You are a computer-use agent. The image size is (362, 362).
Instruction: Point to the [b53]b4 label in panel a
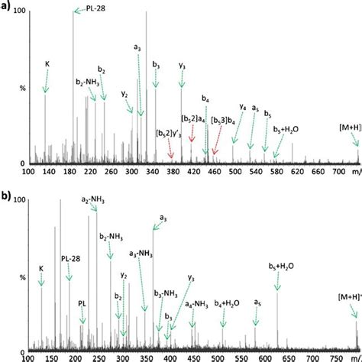pos(225,119)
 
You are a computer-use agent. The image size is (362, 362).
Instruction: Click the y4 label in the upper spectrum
pos(243,108)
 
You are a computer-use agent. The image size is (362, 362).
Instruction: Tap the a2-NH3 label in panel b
pos(93,201)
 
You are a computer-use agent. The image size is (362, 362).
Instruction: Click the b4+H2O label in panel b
pos(228,303)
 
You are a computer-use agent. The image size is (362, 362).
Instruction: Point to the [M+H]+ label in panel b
pos(350,294)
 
